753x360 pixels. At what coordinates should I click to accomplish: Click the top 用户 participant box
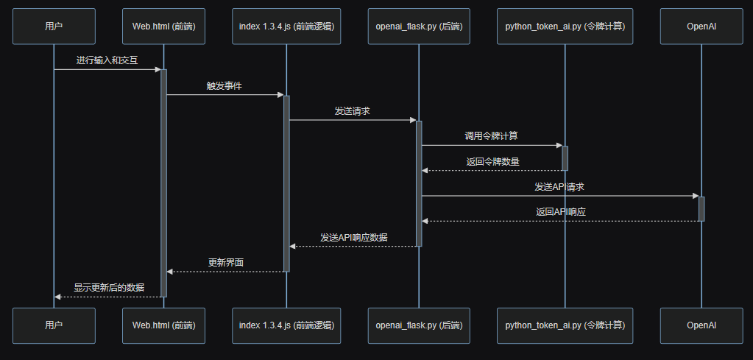(x=54, y=27)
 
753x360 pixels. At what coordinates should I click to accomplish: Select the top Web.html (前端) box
(x=163, y=27)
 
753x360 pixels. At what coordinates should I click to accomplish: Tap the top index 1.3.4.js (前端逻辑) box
(x=286, y=27)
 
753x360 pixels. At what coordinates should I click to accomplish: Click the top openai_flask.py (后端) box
(x=419, y=27)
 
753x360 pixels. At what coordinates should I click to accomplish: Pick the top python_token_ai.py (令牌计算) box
(x=565, y=27)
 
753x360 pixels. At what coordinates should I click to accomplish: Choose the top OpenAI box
(x=701, y=27)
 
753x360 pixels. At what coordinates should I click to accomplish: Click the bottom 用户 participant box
(x=54, y=325)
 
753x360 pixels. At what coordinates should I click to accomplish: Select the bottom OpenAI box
(x=701, y=325)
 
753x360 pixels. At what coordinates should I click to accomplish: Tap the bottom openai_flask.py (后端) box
(x=419, y=325)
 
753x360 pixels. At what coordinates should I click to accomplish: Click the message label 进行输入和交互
(x=107, y=60)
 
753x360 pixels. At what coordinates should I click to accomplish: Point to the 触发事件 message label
(x=225, y=85)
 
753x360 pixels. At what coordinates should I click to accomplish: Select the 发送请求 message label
(x=352, y=110)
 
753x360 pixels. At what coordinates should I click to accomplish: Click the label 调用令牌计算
(x=491, y=135)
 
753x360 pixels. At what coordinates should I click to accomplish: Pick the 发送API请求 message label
(x=559, y=186)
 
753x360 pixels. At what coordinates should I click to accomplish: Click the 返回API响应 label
(x=561, y=211)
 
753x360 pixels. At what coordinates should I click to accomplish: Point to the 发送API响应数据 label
(x=354, y=237)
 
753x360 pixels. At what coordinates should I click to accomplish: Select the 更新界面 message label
(x=226, y=262)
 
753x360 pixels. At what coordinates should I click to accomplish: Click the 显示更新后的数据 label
(x=109, y=287)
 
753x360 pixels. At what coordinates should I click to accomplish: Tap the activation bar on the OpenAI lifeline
(x=701, y=208)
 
